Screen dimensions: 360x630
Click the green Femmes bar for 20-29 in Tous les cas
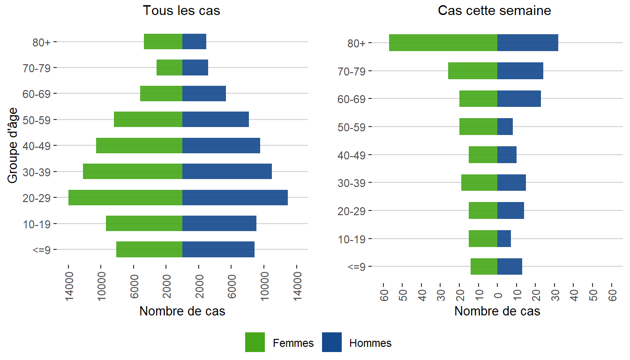click(125, 197)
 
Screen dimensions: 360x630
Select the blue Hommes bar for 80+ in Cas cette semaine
click(528, 43)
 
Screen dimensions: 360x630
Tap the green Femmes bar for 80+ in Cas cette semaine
click(443, 43)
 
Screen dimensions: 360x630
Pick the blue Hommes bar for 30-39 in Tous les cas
click(227, 172)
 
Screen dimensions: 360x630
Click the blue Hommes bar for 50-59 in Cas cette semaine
click(505, 127)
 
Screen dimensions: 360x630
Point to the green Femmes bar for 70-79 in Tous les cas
click(169, 67)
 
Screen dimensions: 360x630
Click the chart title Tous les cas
click(181, 11)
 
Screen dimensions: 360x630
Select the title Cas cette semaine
click(494, 11)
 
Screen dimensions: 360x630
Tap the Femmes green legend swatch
click(255, 343)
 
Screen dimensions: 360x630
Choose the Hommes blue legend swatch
click(332, 343)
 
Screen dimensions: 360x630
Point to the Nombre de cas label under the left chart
click(182, 311)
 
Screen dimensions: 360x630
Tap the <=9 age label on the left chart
click(44, 249)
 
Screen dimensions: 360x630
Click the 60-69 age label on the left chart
click(39, 93)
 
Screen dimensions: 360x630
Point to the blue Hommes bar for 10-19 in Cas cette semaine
click(504, 239)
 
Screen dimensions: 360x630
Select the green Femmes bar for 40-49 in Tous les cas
click(139, 145)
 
